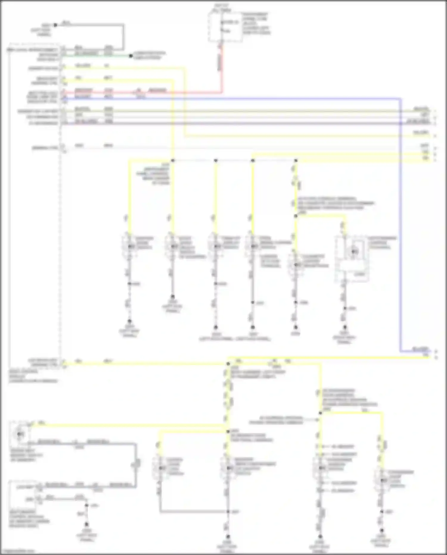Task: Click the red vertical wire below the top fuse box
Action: click(221, 69)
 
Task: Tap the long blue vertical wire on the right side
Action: click(401, 224)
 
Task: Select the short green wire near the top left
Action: click(95, 55)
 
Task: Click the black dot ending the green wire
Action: click(131, 56)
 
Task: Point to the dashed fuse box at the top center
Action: click(225, 27)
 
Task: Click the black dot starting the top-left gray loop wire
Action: click(55, 25)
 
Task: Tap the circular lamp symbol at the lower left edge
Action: click(20, 434)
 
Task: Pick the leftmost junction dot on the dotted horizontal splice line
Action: click(173, 160)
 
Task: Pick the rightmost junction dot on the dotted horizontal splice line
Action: click(296, 160)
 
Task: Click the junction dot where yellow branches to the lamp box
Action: click(296, 216)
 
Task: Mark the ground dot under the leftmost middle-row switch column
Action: click(129, 321)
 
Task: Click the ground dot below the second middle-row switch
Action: click(173, 297)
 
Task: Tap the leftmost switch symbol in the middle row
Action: click(129, 246)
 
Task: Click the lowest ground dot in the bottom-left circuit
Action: click(86, 524)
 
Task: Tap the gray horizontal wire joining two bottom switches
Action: click(194, 512)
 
